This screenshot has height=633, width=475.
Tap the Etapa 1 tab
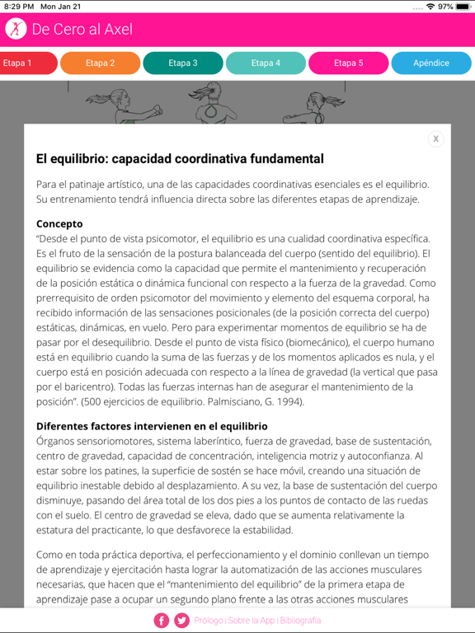pyautogui.click(x=25, y=63)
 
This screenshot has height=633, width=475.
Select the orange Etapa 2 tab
pyautogui.click(x=100, y=63)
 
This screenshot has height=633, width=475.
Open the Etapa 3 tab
pyautogui.click(x=183, y=63)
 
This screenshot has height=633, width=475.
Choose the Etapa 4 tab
pyautogui.click(x=266, y=63)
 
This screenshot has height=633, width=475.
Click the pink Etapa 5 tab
pyautogui.click(x=348, y=63)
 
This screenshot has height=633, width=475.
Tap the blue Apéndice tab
pyautogui.click(x=431, y=63)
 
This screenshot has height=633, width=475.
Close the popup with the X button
pyautogui.click(x=436, y=138)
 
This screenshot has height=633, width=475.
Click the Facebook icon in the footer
pyautogui.click(x=162, y=621)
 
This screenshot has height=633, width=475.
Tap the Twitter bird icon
pyautogui.click(x=181, y=621)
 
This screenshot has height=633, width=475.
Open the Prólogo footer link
pyautogui.click(x=209, y=621)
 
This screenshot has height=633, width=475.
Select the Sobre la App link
pyautogui.click(x=252, y=621)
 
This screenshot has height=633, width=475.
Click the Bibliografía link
pyautogui.click(x=300, y=621)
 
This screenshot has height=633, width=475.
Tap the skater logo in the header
pyautogui.click(x=16, y=29)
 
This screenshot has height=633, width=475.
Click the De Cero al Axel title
pyautogui.click(x=82, y=30)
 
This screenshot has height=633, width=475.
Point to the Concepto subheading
pyautogui.click(x=59, y=223)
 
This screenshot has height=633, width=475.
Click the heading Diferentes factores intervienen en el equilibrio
pyautogui.click(x=152, y=426)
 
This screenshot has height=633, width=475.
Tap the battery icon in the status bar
pyautogui.click(x=464, y=7)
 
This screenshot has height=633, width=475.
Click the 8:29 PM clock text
pyautogui.click(x=19, y=7)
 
